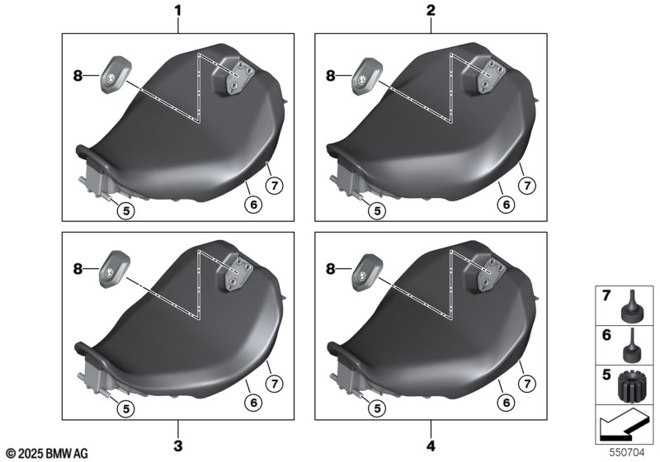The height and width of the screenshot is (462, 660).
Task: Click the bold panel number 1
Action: click(178, 11)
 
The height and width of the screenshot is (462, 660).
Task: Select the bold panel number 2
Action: click(431, 11)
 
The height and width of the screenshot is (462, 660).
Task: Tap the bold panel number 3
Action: click(178, 445)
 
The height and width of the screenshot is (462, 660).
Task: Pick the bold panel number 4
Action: click(431, 445)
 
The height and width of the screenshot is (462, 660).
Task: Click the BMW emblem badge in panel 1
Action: click(115, 74)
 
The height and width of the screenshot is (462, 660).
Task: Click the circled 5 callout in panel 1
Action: click(126, 210)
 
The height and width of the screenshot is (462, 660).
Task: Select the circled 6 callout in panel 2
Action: click(506, 205)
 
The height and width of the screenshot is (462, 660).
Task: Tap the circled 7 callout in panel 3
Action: click(275, 384)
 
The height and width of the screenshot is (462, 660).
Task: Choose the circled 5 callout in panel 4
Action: click(377, 408)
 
